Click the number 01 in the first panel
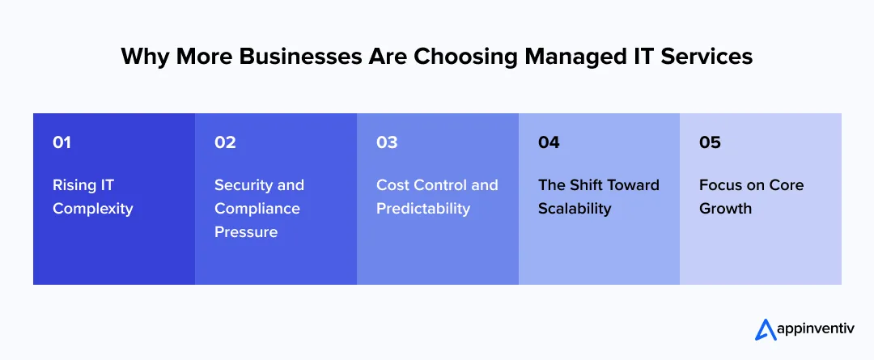(x=62, y=142)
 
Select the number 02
(x=225, y=142)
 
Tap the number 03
(x=387, y=142)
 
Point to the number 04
(x=549, y=142)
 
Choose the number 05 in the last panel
(x=710, y=142)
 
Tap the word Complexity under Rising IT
(x=92, y=209)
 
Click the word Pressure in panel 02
(x=245, y=232)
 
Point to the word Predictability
(x=422, y=209)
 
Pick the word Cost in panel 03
(x=392, y=185)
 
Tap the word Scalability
(x=575, y=209)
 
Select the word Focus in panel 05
(x=720, y=185)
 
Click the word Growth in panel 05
(x=725, y=209)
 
